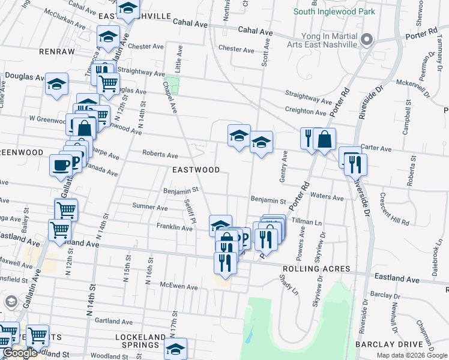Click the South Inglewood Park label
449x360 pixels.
click(x=334, y=11)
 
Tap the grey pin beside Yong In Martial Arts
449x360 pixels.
click(x=368, y=40)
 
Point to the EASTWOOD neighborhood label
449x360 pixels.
click(x=196, y=170)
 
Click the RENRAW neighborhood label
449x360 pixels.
click(x=56, y=52)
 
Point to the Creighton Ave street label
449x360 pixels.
click(x=306, y=111)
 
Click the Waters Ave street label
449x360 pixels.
click(x=327, y=197)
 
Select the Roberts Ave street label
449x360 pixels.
click(x=160, y=154)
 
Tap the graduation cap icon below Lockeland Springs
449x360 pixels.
click(x=175, y=349)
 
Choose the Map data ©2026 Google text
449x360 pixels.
click(x=412, y=355)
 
